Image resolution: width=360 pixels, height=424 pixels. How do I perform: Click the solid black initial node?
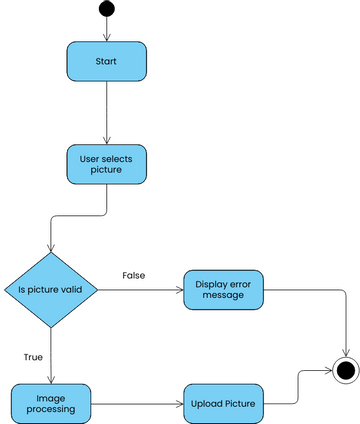[x=106, y=10]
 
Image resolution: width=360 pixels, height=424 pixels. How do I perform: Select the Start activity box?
[x=106, y=61]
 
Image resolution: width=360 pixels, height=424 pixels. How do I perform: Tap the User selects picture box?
[x=106, y=163]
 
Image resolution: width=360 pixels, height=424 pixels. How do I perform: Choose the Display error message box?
[x=222, y=290]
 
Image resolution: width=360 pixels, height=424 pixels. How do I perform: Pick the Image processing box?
[x=50, y=403]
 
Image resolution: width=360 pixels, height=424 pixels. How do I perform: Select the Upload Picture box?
[x=222, y=404]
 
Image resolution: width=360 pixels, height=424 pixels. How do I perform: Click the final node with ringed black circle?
[x=346, y=370]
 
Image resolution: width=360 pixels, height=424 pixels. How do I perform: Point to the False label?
[x=134, y=275]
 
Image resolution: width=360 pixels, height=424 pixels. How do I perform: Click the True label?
[x=32, y=355]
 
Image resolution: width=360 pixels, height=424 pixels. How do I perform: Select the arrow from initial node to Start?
[x=106, y=30]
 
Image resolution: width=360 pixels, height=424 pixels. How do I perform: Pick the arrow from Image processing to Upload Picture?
[x=136, y=404]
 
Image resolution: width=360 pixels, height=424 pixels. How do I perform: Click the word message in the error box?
[x=222, y=297]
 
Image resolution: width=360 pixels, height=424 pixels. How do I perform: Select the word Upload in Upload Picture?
[x=207, y=404]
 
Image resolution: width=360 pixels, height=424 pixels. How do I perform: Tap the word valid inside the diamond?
[x=81, y=290]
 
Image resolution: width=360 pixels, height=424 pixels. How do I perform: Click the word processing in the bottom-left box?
[x=50, y=410]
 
